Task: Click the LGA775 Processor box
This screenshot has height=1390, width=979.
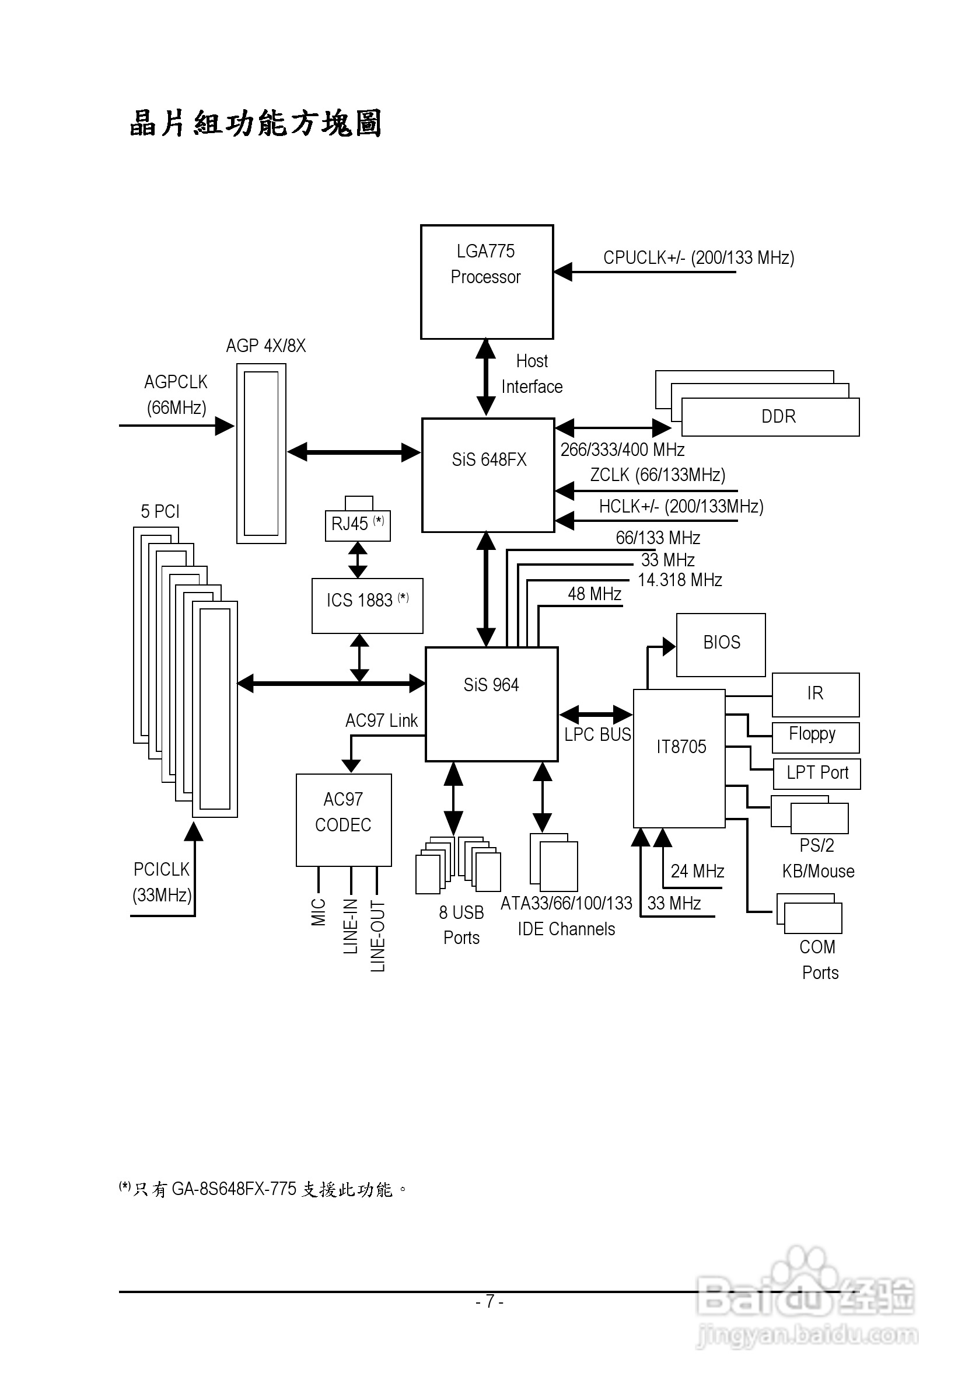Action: point(487,281)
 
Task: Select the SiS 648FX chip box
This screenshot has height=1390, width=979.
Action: point(488,475)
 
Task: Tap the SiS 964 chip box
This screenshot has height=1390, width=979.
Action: point(491,703)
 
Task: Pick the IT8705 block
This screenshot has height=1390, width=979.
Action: point(679,757)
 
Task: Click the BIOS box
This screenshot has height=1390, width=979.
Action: point(721,644)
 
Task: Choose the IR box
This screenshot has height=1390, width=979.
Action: point(815,694)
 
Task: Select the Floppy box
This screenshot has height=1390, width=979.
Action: point(815,736)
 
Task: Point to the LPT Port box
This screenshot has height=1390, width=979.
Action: point(816,773)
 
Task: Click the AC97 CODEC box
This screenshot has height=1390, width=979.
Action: point(343,819)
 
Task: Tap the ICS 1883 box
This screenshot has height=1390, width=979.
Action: point(366,605)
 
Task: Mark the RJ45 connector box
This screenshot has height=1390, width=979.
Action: point(357,524)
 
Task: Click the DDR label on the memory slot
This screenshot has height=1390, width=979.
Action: point(778,416)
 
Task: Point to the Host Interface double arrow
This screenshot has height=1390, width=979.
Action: point(486,377)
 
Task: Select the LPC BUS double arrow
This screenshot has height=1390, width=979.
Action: point(595,715)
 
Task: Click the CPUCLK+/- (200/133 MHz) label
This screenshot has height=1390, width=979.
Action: point(698,258)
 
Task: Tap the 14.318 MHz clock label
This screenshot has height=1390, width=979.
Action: point(680,580)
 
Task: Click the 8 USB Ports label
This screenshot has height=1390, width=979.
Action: point(461,925)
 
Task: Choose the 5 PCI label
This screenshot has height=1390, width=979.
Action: point(160,511)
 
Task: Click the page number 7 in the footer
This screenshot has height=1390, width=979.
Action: point(490,1301)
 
